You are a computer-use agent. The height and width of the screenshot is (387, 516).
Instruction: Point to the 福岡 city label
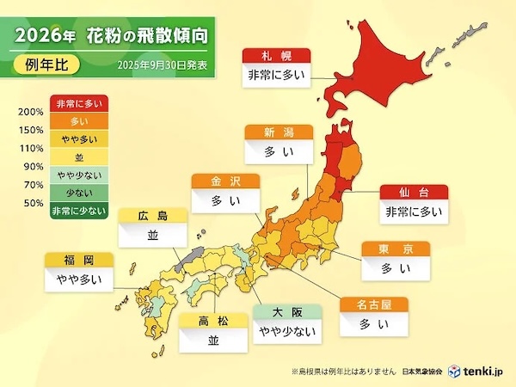(73, 259)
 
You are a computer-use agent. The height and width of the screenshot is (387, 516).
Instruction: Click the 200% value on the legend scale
(31, 113)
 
